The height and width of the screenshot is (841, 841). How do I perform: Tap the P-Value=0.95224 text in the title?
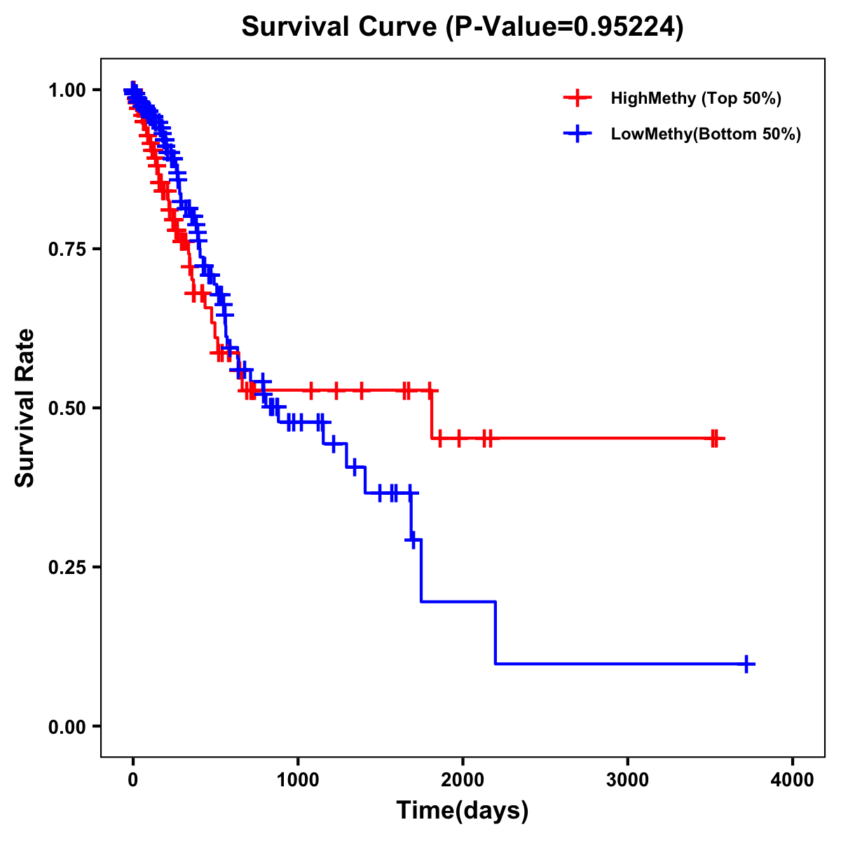click(x=567, y=27)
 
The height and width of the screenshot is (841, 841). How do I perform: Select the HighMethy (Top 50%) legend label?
click(x=696, y=98)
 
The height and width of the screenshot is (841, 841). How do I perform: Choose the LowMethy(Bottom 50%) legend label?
click(x=706, y=134)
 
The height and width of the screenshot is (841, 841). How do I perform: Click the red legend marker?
click(x=577, y=98)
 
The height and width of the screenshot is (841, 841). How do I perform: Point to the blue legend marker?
click(x=577, y=134)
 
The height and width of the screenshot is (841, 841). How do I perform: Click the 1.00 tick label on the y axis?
click(x=66, y=90)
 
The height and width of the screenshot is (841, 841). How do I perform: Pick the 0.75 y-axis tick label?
click(x=66, y=249)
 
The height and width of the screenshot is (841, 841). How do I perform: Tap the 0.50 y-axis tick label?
click(x=66, y=409)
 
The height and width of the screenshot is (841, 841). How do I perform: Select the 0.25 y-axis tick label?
click(x=66, y=567)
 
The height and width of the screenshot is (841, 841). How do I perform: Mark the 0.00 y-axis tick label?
click(x=66, y=727)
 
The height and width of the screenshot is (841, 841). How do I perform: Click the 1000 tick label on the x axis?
click(x=298, y=780)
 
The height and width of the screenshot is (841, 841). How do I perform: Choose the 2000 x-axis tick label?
click(x=463, y=780)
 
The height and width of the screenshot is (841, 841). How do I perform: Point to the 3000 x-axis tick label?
click(x=628, y=780)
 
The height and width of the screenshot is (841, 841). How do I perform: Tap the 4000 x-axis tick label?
click(x=793, y=780)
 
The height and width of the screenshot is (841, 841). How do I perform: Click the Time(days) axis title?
click(x=463, y=811)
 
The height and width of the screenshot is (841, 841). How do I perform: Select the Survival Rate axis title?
click(x=25, y=408)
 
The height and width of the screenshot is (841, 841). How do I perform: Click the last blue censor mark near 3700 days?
click(x=747, y=664)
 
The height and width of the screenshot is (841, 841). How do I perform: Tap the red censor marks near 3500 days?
click(x=714, y=439)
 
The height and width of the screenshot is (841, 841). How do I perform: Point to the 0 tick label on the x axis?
click(x=133, y=780)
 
